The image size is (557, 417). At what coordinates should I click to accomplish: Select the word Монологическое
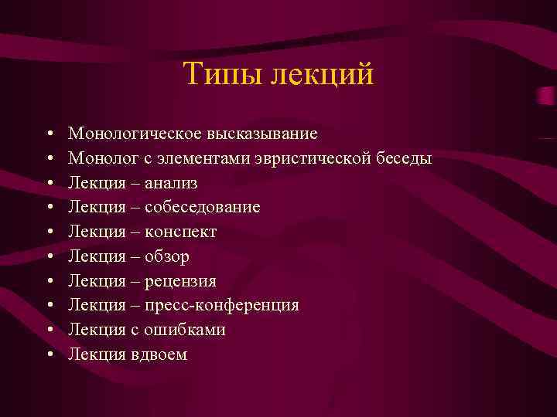(135, 134)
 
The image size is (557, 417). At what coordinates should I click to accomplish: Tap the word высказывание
(261, 134)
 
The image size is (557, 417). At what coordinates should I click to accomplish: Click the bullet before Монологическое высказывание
(49, 134)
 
